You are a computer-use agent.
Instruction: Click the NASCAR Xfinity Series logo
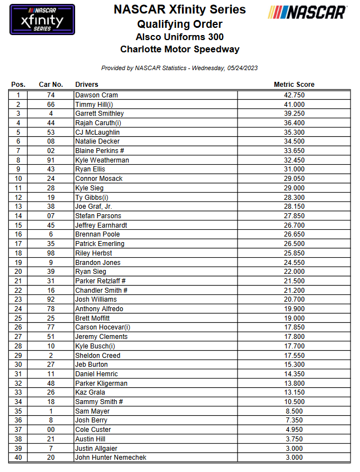coord(42,19)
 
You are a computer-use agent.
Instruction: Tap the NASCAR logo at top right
coord(307,12)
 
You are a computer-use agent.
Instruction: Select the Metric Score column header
coord(294,85)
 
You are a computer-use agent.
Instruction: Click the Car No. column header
coord(51,85)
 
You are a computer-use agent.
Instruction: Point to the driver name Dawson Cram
coord(96,95)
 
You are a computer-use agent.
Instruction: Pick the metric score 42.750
coord(294,95)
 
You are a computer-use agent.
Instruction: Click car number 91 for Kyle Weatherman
coord(51,160)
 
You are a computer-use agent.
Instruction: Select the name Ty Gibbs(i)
coord(92,197)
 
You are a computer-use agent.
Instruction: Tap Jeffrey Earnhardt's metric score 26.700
coord(294,225)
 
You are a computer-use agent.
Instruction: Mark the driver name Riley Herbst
coord(93,253)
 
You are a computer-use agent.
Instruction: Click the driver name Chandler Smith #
coord(101,291)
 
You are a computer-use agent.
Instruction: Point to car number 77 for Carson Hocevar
coord(51,327)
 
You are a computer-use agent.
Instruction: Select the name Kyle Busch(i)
coord(96,346)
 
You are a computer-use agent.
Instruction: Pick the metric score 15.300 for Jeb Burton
coord(294,365)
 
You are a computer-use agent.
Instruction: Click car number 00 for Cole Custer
coord(51,430)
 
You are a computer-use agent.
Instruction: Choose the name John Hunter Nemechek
coord(111,458)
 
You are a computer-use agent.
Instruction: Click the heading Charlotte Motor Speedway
coord(180,49)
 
